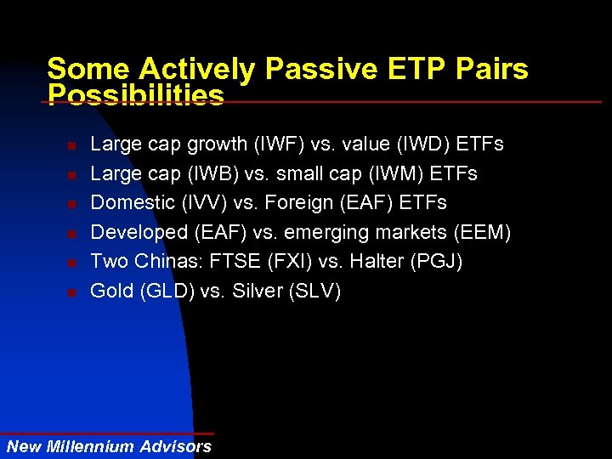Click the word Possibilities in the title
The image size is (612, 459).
click(136, 95)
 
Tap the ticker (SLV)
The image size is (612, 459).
click(314, 291)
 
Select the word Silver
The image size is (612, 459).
click(256, 291)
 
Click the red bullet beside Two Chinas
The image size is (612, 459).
click(72, 263)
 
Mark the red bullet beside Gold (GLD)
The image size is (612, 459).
click(72, 292)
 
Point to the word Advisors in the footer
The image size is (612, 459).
click(175, 446)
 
